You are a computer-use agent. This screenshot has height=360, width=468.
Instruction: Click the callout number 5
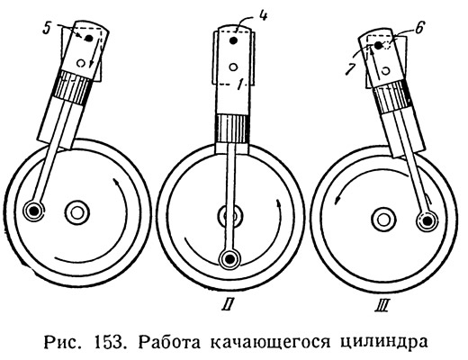point(47,29)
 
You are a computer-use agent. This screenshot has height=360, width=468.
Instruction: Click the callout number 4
point(263,15)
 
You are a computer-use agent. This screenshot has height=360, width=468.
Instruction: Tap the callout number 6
point(418,29)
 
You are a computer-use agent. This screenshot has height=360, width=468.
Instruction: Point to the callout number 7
point(348,68)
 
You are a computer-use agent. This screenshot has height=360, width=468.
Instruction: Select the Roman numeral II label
point(229,305)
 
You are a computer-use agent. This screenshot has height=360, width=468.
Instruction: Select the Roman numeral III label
point(382,306)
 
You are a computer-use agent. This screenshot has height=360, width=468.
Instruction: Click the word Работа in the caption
point(169,342)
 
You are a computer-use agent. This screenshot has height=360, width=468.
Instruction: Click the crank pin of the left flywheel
point(34,211)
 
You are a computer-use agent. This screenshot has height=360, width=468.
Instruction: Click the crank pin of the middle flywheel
point(230,258)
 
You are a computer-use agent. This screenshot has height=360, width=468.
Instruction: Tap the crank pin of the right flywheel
point(427,221)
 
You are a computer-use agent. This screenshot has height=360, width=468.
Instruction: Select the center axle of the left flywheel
point(77,212)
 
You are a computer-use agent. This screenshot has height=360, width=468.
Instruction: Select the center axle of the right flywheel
point(382,220)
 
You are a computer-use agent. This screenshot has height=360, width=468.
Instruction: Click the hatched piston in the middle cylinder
point(232,129)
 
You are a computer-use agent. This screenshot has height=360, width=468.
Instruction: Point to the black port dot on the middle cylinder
point(234,40)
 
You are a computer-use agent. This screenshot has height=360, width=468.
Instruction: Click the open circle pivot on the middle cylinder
point(233,67)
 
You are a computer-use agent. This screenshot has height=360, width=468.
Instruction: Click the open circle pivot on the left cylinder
point(80,63)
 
